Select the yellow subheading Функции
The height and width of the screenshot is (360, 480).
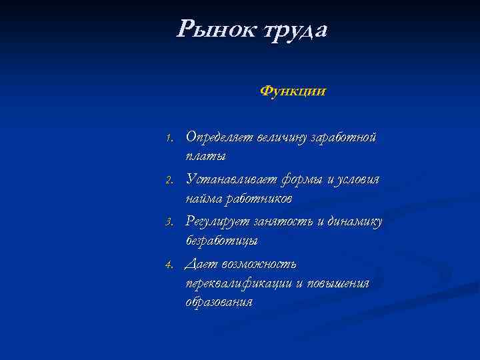(293, 90)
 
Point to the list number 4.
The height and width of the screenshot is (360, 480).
(170, 265)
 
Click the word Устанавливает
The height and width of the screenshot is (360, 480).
(227, 180)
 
